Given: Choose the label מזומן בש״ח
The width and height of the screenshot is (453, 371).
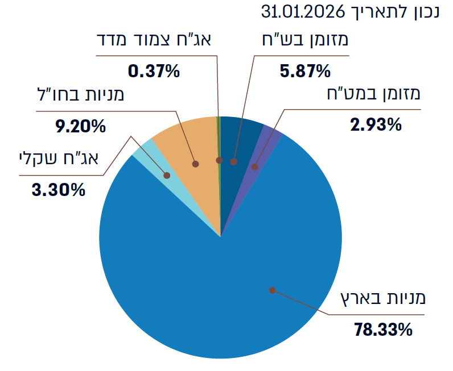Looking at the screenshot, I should point(307,42).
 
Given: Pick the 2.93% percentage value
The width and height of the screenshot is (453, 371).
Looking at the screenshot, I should point(376,123).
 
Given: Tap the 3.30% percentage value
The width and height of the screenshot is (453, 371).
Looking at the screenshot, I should point(59,189).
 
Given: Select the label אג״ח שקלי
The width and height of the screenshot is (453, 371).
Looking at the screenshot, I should point(59,160).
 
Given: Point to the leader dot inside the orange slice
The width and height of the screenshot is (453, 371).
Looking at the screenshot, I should point(195,164).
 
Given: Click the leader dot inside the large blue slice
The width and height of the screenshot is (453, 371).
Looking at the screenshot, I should point(272,290).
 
